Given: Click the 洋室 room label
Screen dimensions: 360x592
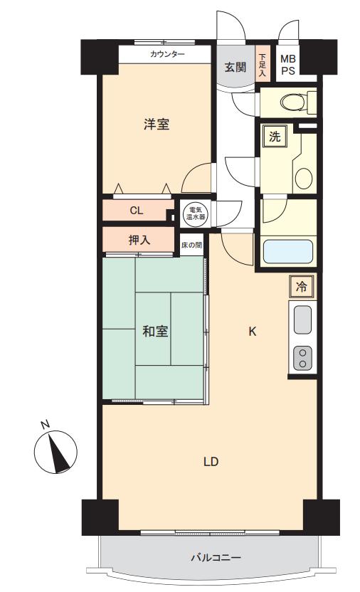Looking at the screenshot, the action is (x=157, y=125).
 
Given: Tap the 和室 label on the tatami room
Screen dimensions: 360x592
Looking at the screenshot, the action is (x=155, y=331).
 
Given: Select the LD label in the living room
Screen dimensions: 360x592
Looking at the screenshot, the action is (x=211, y=462).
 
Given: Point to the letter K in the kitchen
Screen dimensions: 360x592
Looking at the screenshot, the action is (x=253, y=332).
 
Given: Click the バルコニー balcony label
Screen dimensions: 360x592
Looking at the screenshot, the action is (x=216, y=557).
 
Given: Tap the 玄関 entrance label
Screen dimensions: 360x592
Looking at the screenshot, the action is (x=235, y=67).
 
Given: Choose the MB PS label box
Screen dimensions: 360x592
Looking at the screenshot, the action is (x=288, y=65).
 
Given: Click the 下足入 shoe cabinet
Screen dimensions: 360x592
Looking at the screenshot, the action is (x=262, y=65).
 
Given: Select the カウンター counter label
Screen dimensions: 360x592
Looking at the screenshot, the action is (x=167, y=54).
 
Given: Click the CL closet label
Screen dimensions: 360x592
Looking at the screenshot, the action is (x=137, y=211).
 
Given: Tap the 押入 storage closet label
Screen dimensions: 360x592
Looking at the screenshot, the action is (x=139, y=239).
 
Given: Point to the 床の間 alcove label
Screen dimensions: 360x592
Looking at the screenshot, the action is (x=191, y=245).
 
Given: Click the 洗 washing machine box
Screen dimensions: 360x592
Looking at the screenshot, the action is (x=275, y=137).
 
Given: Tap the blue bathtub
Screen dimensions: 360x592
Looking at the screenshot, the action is (x=288, y=251).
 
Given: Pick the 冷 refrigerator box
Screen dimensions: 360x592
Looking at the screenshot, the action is (x=301, y=287).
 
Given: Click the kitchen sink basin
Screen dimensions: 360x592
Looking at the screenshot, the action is (x=302, y=319).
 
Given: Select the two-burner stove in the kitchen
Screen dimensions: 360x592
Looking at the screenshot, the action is (x=302, y=358).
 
